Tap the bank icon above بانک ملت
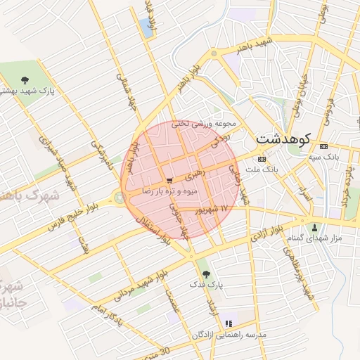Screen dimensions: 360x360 click(262, 159)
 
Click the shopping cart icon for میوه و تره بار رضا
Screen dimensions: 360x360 click(169, 181)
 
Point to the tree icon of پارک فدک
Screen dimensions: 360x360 click(205, 273)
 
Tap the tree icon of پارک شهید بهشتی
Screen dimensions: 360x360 click(25, 79)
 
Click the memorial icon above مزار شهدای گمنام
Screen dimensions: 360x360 click(314, 227)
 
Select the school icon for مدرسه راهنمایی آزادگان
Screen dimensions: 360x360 click(229, 323)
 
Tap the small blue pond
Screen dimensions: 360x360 click(146, 27)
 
